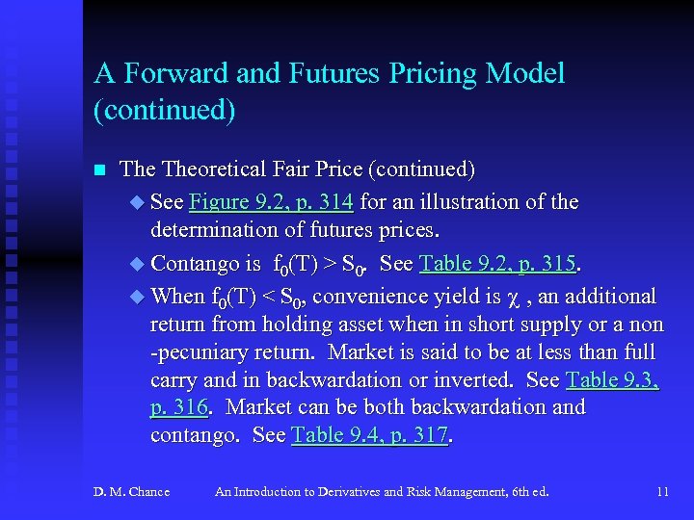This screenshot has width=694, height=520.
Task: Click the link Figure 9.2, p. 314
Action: pyautogui.click(x=272, y=202)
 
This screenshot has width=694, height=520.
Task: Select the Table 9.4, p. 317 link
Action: pyautogui.click(x=370, y=435)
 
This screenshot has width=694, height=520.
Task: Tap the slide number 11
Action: pyautogui.click(x=662, y=492)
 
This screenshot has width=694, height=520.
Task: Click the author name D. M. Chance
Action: pyautogui.click(x=131, y=492)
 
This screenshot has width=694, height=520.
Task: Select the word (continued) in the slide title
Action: pyautogui.click(x=165, y=110)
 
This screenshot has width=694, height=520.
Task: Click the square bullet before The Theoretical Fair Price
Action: pyautogui.click(x=97, y=170)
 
